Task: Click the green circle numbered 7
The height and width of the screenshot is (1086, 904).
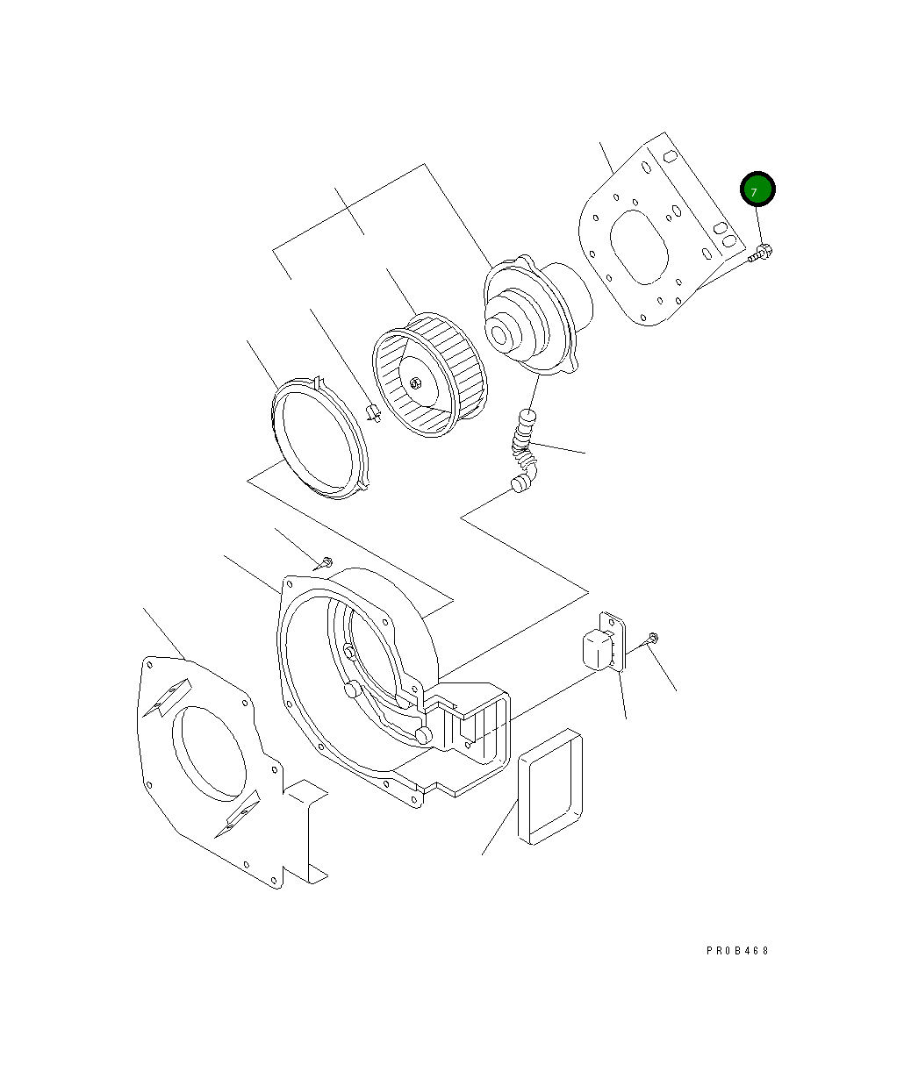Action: pyautogui.click(x=757, y=189)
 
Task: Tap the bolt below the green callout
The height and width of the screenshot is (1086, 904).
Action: pyautogui.click(x=760, y=254)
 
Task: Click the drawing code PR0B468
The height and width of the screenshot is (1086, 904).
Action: pyautogui.click(x=737, y=950)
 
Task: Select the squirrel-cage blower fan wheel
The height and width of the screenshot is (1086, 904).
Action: pyautogui.click(x=429, y=375)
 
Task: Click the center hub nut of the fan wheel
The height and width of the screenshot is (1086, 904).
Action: pyautogui.click(x=415, y=383)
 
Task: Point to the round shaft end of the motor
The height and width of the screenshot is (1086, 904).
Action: pyautogui.click(x=499, y=335)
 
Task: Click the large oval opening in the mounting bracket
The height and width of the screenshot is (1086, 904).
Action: pyautogui.click(x=639, y=247)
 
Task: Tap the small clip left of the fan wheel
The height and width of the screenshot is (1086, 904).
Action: pyautogui.click(x=373, y=412)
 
